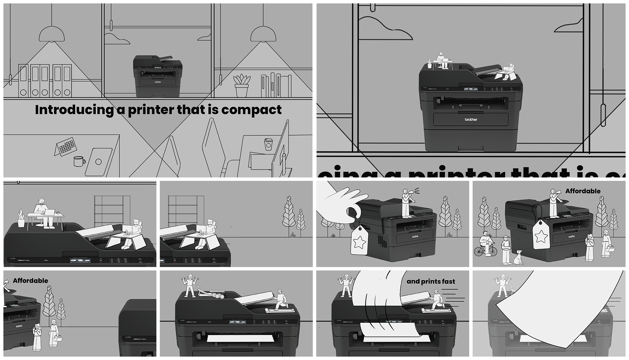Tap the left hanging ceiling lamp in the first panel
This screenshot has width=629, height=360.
(52, 34)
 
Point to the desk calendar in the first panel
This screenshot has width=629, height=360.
(66, 147)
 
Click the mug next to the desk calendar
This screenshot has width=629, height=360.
(79, 161)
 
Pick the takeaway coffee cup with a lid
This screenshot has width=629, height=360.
(268, 144)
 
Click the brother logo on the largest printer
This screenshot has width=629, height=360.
(471, 119)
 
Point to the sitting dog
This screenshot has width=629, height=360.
(518, 258)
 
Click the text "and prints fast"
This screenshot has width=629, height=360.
(431, 281)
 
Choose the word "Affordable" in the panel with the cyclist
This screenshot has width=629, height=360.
(583, 191)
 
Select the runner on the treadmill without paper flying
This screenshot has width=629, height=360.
(280, 299)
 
